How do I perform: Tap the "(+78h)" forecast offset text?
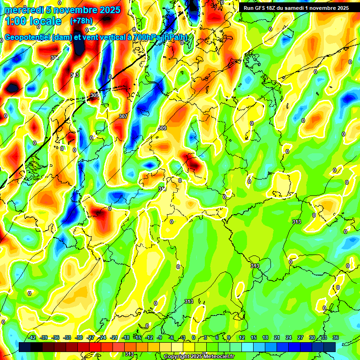pos(82,21)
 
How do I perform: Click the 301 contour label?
pos(55,58)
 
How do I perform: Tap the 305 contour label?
pos(95,95)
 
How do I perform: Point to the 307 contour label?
pos(123,116)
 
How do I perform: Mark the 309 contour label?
pos(162,128)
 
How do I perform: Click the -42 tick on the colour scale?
pos(32,337)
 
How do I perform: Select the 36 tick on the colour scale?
pos(335,337)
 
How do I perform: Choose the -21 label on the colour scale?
pos(114,337)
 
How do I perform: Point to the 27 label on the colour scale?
pos(300,337)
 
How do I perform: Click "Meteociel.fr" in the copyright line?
pos(216,357)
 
